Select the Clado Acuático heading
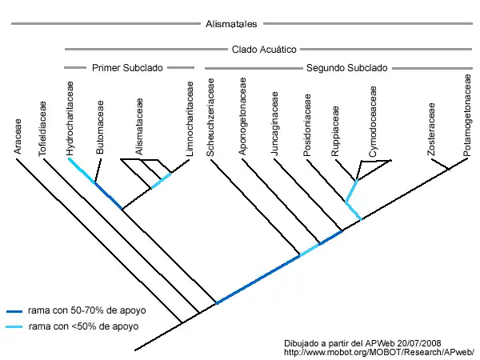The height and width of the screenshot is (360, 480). (x=265, y=48)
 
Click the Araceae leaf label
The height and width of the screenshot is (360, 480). (x=19, y=138)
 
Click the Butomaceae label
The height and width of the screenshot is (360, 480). (x=100, y=133)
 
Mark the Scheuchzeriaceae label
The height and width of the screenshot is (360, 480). (x=211, y=118)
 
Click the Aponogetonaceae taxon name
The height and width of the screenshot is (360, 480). (x=242, y=118)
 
